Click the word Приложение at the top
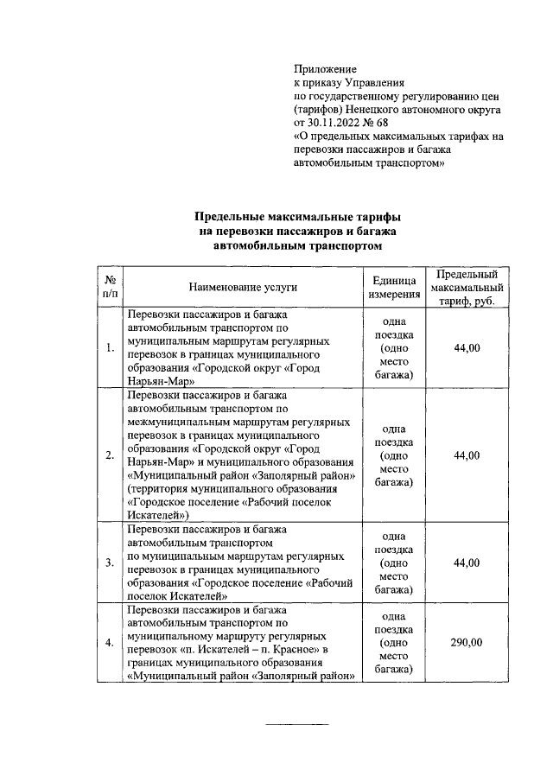coord(325,68)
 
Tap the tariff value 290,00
coord(467,642)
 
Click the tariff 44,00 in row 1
coord(467,347)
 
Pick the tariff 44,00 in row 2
coord(467,455)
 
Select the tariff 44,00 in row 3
coord(467,563)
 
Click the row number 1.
coord(110,348)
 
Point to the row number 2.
coord(110,456)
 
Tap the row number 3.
coord(110,563)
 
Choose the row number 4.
coord(110,643)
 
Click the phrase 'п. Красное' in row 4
coord(300,649)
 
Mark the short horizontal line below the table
coord(296,723)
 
